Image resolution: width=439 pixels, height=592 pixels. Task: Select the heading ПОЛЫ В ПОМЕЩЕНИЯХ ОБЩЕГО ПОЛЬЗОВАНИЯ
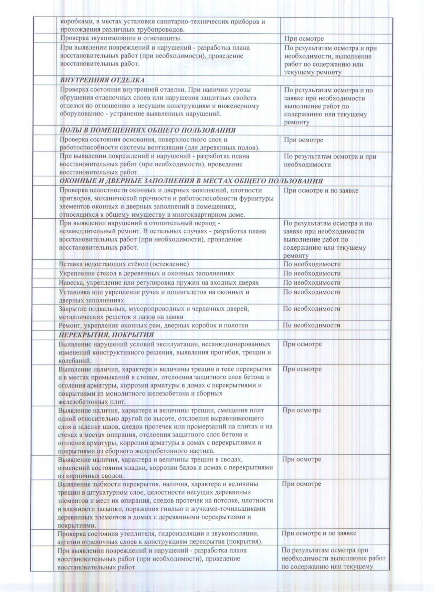(x=148, y=130)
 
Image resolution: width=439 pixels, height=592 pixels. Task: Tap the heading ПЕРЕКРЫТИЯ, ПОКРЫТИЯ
(x=106, y=335)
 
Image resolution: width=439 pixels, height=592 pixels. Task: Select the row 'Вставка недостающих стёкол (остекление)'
(x=124, y=264)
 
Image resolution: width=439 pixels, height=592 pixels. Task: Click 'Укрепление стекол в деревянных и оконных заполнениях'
(x=146, y=273)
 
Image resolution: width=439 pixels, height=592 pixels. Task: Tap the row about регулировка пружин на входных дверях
(x=158, y=283)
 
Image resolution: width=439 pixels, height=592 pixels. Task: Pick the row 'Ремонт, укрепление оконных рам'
(x=154, y=325)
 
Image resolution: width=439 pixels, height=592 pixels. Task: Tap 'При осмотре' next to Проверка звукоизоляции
(x=304, y=39)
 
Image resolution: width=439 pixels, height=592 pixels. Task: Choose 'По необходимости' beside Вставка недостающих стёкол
(x=312, y=264)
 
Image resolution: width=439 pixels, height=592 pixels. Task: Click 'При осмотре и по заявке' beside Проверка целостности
(x=321, y=190)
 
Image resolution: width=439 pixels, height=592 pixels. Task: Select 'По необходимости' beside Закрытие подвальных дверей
(x=312, y=309)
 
